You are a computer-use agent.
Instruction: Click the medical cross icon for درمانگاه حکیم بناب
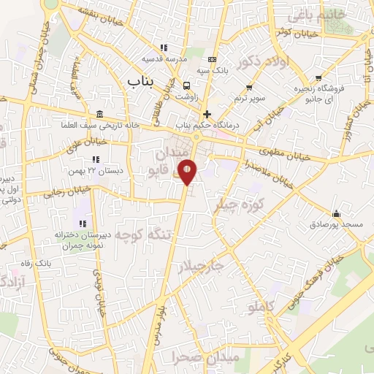pos(207,114)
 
